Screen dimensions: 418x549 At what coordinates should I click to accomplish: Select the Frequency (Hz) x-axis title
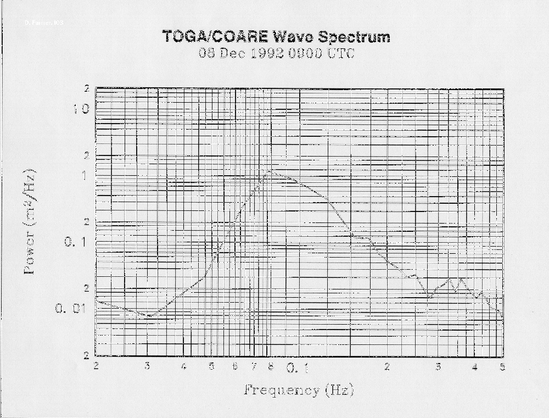tap(298, 391)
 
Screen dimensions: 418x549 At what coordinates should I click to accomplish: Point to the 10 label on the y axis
tap(81, 109)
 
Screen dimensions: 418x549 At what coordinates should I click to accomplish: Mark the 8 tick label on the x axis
tap(270, 366)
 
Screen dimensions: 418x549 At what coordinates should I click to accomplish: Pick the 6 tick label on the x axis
tap(235, 366)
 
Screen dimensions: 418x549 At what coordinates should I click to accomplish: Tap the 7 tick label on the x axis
tap(254, 366)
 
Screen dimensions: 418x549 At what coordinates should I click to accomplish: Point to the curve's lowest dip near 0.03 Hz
tap(151, 316)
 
